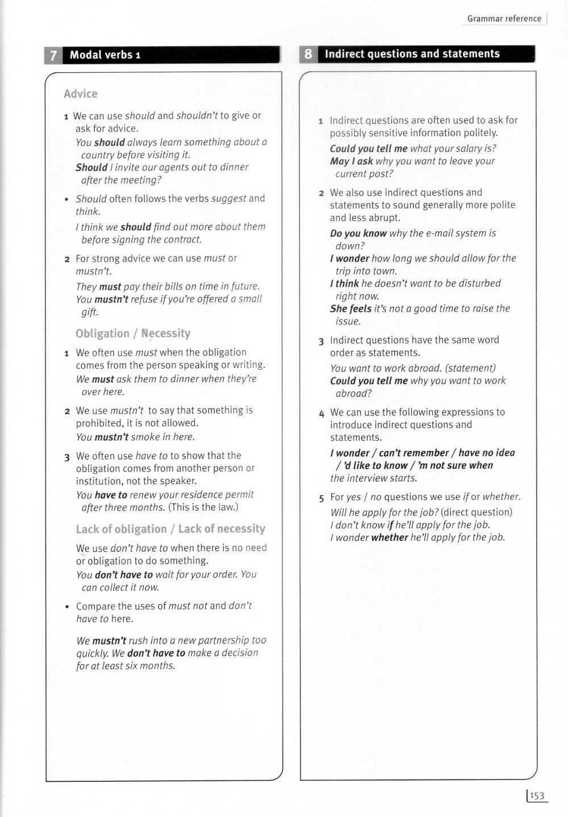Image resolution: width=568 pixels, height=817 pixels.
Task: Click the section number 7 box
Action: pyautogui.click(x=53, y=55)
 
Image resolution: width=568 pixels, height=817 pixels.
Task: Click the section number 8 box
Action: pyautogui.click(x=307, y=54)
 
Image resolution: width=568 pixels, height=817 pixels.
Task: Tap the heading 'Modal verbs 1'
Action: pyautogui.click(x=105, y=55)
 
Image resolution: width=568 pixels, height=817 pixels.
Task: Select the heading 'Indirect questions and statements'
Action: pyautogui.click(x=412, y=54)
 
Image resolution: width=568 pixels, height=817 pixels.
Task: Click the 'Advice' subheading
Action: pyautogui.click(x=81, y=94)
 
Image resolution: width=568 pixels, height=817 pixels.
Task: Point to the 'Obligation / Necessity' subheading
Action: pyautogui.click(x=133, y=334)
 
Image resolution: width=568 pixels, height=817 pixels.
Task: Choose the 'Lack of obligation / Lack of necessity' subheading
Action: pyautogui.click(x=170, y=529)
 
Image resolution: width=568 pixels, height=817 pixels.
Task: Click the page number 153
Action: pyautogui.click(x=537, y=797)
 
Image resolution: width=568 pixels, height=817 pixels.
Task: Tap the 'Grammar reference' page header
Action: pyautogui.click(x=504, y=19)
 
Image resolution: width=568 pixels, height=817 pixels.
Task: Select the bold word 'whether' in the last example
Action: pyautogui.click(x=389, y=537)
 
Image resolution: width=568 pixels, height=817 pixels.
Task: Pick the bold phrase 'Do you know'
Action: pyautogui.click(x=358, y=233)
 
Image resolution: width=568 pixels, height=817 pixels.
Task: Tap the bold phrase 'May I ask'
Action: pyautogui.click(x=351, y=161)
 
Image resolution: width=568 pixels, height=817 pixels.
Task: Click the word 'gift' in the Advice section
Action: pyautogui.click(x=90, y=312)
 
